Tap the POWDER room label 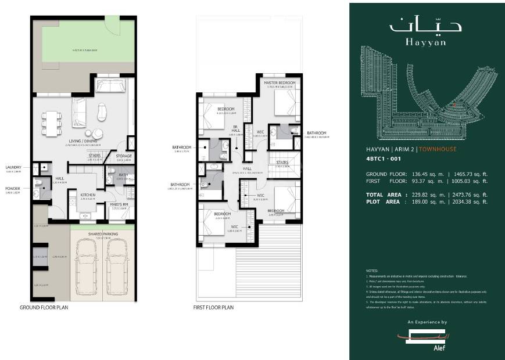tap(13, 188)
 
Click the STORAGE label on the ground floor tap(123, 156)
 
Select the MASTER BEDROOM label tap(280, 83)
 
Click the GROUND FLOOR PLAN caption tap(44, 307)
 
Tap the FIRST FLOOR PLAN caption tap(213, 307)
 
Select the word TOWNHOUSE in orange tap(439, 149)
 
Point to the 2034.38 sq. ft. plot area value tap(470, 201)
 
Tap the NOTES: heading tap(373, 271)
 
